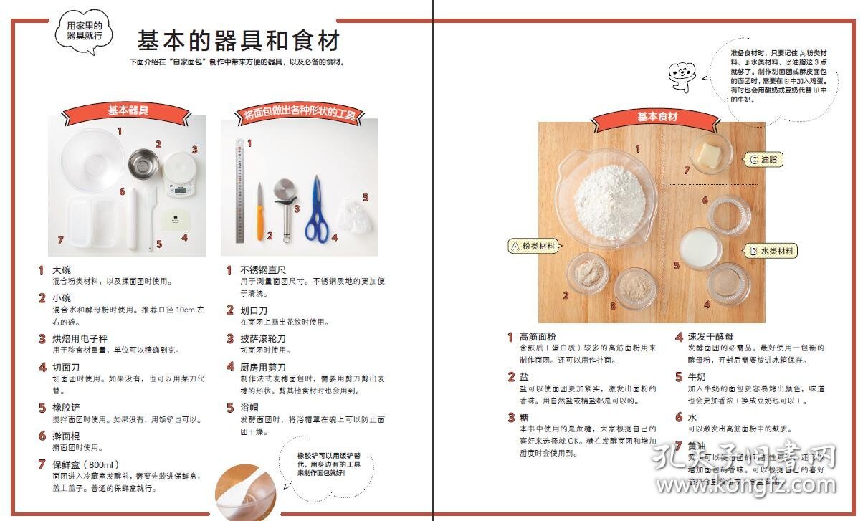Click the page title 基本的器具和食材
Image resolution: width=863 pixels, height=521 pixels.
(x=238, y=39)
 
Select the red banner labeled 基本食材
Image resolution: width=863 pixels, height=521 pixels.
(x=657, y=117)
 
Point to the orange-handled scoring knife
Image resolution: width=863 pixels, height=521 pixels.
(x=260, y=212)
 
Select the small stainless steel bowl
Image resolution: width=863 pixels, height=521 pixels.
(x=143, y=165)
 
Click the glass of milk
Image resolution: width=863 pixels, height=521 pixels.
(x=700, y=247)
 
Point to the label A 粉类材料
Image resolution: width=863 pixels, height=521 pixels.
(x=533, y=246)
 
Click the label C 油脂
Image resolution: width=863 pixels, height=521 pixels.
(x=763, y=160)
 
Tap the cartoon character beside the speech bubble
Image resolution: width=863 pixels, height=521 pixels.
(x=681, y=76)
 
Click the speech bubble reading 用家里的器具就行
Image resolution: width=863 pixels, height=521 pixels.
(x=85, y=31)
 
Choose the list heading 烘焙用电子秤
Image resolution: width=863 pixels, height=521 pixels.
(x=80, y=338)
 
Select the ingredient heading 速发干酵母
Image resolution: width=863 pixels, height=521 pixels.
(x=710, y=336)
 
